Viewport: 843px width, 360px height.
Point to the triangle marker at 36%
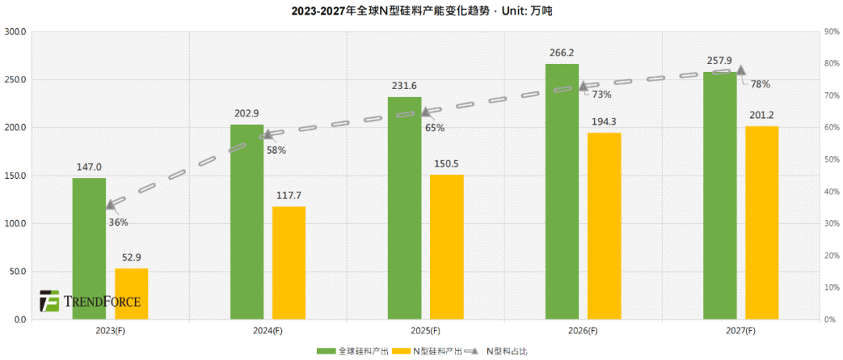coord(111,205)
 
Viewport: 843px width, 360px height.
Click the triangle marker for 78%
coord(741,70)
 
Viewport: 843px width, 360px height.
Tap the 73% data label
coord(601,94)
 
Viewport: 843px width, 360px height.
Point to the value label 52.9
coord(131,258)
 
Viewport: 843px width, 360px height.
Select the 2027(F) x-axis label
coord(739,331)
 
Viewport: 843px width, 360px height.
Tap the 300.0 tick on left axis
coord(16,32)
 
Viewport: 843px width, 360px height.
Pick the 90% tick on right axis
coord(832,32)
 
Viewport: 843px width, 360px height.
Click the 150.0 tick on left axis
coord(16,176)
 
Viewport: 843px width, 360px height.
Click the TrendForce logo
coord(91,301)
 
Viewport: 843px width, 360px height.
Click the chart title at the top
coord(421,10)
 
